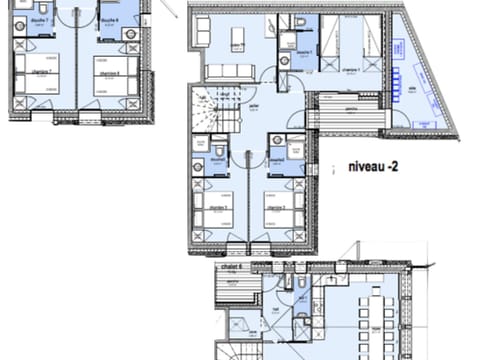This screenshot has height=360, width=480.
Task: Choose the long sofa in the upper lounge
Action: pyautogui.click(x=231, y=71)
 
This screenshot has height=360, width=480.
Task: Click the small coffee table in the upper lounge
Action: pyautogui.click(x=239, y=38)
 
